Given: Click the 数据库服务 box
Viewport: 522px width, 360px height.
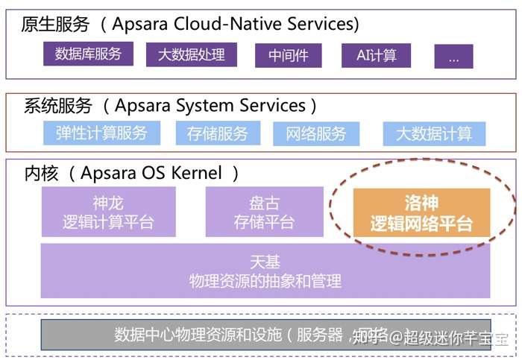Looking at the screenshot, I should tap(88, 54).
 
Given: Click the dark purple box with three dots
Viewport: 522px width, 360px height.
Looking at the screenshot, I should tap(453, 57).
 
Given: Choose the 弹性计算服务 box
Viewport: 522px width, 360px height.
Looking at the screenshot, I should tap(101, 133).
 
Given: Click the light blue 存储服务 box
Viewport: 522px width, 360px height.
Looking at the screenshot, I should tap(218, 134).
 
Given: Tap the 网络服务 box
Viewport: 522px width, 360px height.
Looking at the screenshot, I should tap(316, 134).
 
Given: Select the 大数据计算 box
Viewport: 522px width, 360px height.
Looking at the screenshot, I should tap(433, 134).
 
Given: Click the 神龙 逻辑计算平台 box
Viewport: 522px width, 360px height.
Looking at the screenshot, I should tap(109, 212).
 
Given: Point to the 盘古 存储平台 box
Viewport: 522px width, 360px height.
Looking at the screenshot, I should tap(265, 212).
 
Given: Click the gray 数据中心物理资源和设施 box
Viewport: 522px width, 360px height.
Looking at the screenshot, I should tap(265, 335).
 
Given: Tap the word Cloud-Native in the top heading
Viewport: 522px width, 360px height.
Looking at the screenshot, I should tap(228, 24).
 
